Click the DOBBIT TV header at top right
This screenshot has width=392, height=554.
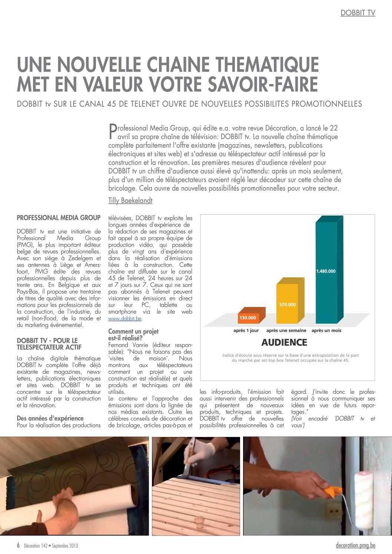(358, 13)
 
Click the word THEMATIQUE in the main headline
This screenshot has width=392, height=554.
(267, 64)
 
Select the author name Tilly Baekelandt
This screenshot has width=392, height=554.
(130, 201)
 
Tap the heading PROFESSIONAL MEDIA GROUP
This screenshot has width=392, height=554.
(59, 218)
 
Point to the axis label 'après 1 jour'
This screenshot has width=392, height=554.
(246, 331)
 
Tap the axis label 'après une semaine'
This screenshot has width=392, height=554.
(286, 331)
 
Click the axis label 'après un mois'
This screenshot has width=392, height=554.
(326, 331)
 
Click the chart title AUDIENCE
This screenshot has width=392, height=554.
(284, 343)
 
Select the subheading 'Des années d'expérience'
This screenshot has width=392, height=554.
(50, 418)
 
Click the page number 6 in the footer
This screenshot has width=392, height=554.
(18, 545)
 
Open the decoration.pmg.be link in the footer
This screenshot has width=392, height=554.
(355, 545)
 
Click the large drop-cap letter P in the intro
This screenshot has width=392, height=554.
(112, 132)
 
